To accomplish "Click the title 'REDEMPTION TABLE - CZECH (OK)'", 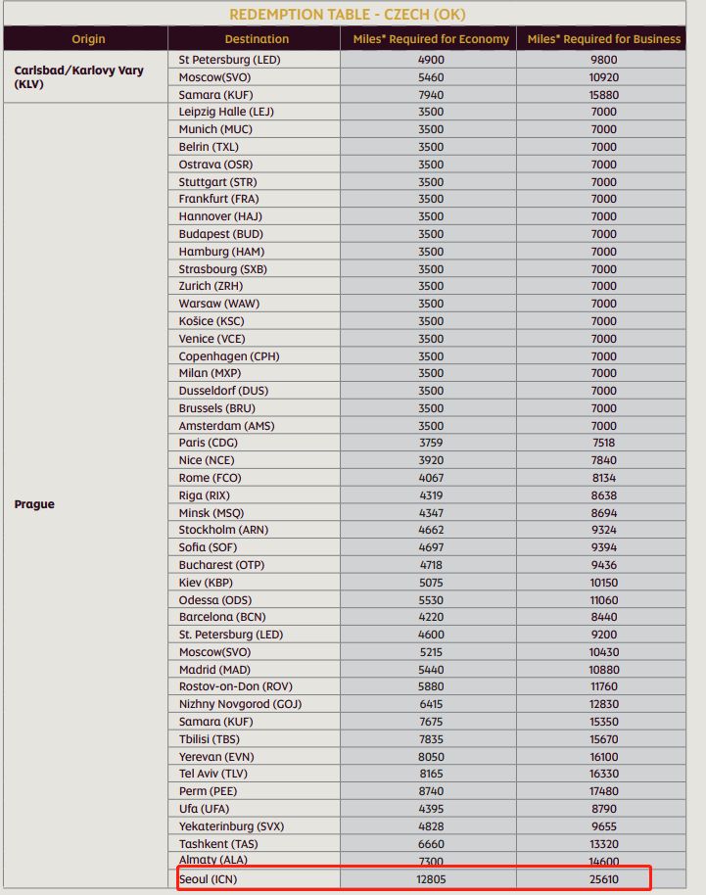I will (x=348, y=14).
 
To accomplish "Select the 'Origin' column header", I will (x=87, y=39).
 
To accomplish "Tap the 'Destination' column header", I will (x=257, y=39).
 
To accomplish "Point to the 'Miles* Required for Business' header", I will (x=603, y=39).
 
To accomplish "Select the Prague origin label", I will (x=34, y=504).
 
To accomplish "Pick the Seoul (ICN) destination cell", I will (x=208, y=878).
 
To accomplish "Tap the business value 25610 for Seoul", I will (x=603, y=878).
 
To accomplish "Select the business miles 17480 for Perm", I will (x=603, y=791).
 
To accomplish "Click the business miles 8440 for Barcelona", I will (x=603, y=617).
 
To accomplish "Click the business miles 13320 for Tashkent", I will (x=603, y=843).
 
